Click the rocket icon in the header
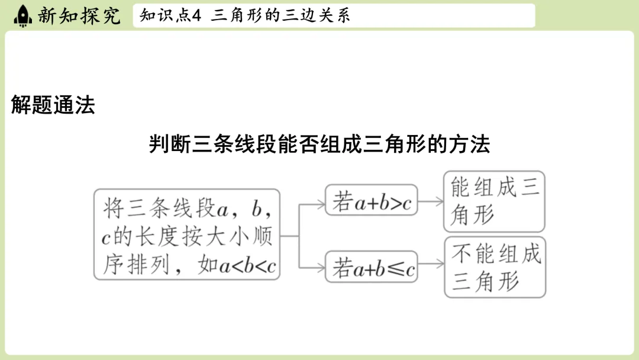pyautogui.click(x=22, y=15)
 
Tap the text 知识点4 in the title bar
pyautogui.click(x=171, y=16)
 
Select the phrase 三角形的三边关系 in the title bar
pyautogui.click(x=280, y=16)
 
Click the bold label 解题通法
pyautogui.click(x=53, y=105)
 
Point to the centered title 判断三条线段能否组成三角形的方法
pyautogui.click(x=319, y=144)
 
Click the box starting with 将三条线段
pyautogui.click(x=187, y=234)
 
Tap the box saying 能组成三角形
pyautogui.click(x=494, y=201)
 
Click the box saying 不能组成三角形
pyautogui.click(x=495, y=267)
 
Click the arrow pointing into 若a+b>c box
pyautogui.click(x=314, y=204)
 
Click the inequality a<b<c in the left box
pyautogui.click(x=248, y=266)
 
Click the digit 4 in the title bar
pyautogui.click(x=198, y=16)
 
